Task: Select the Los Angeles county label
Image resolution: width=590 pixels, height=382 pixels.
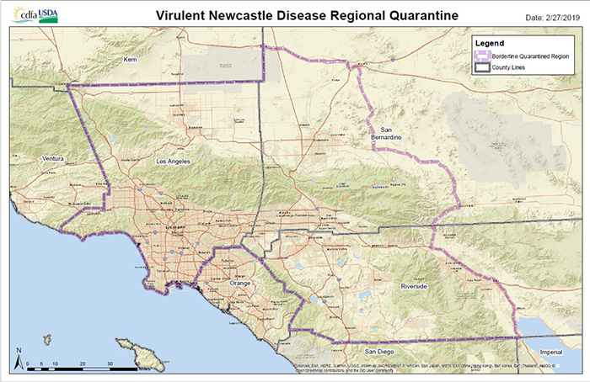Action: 174,160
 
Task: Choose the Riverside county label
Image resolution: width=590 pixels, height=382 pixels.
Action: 415,286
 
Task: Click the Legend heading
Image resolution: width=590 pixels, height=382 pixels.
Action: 490,42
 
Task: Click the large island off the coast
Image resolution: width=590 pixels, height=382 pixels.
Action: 131,347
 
